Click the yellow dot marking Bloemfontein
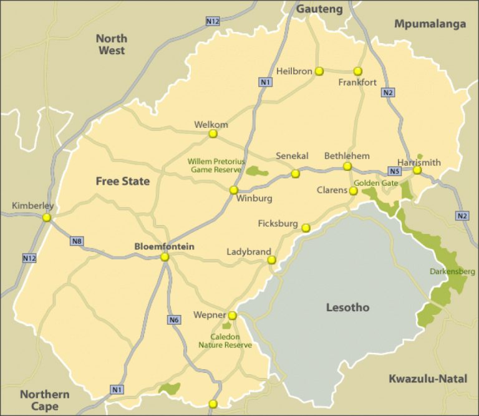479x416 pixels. [165, 257]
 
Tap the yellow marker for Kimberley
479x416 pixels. [47, 218]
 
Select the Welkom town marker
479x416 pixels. [213, 133]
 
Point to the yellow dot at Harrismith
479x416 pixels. [417, 170]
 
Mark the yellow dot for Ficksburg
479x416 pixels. [306, 228]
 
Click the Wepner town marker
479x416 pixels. [232, 316]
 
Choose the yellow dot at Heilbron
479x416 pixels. [319, 71]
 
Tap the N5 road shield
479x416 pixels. [394, 171]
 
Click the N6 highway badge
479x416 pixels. [175, 320]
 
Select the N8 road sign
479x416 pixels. [77, 241]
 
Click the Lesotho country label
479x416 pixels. [347, 307]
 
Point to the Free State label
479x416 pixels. [122, 181]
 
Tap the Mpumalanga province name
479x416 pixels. [430, 24]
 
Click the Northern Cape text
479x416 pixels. [44, 400]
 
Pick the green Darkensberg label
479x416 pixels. [452, 271]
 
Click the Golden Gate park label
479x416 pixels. [375, 183]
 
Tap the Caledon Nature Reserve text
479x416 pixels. [225, 340]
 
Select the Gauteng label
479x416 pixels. [319, 9]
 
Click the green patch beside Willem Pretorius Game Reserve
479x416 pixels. [256, 171]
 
